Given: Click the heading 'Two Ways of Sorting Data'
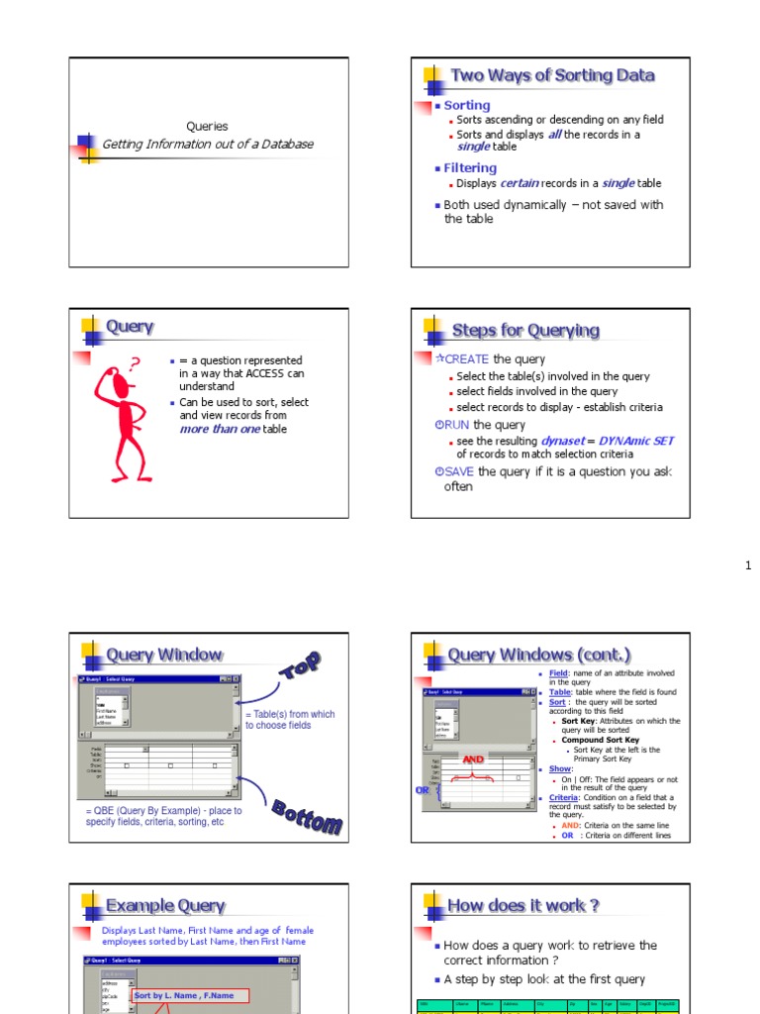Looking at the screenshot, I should [x=552, y=76].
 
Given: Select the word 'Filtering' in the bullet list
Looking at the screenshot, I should [x=470, y=168].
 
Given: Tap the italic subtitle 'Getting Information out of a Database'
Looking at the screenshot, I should [x=208, y=145].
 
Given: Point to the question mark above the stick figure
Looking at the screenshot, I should [x=136, y=364].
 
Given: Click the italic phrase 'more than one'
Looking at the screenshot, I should [x=220, y=430].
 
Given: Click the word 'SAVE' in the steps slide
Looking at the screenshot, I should [x=459, y=472].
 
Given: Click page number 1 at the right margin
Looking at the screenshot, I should [x=748, y=565].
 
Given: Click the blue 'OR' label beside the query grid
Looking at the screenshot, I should [x=422, y=790].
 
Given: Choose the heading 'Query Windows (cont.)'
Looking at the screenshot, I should [x=539, y=655].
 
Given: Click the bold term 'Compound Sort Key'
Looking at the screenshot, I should [x=601, y=740].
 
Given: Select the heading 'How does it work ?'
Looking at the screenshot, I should [x=523, y=905].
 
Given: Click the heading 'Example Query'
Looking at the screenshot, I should [x=165, y=906].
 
